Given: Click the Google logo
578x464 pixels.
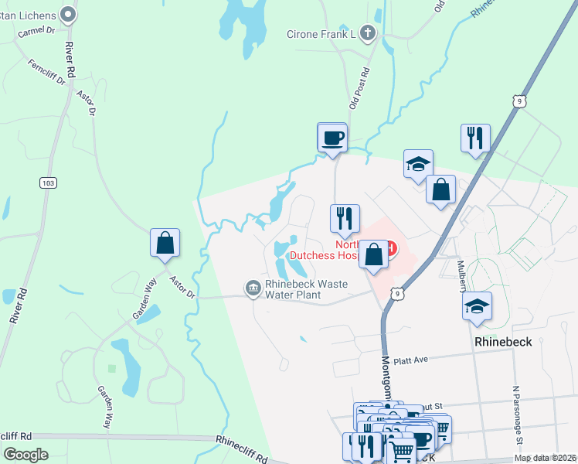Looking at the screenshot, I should coord(25,455).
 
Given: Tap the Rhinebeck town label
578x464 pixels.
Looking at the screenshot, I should coord(502,342).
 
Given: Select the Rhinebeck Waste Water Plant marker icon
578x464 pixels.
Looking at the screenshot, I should coord(253,288).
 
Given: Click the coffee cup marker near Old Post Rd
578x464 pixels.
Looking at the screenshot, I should coord(333,138).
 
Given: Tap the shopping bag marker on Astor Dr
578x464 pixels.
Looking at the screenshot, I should coord(165,243).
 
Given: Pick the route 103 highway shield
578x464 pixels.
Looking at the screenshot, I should coord(49,182).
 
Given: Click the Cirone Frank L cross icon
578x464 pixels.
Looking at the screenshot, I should coord(369,33).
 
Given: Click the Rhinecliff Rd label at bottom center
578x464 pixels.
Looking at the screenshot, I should coord(241,448).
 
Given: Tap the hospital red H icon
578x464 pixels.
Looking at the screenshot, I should coord(391,248).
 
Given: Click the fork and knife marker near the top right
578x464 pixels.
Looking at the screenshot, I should coord(475,138).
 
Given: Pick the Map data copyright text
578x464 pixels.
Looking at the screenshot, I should coord(544,458).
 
